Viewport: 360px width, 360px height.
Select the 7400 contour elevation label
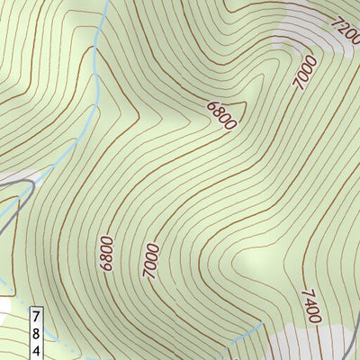(310, 307)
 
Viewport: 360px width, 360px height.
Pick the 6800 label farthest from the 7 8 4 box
(220, 115)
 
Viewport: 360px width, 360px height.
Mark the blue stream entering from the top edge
(100, 36)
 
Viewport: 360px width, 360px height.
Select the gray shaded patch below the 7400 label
(306, 342)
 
